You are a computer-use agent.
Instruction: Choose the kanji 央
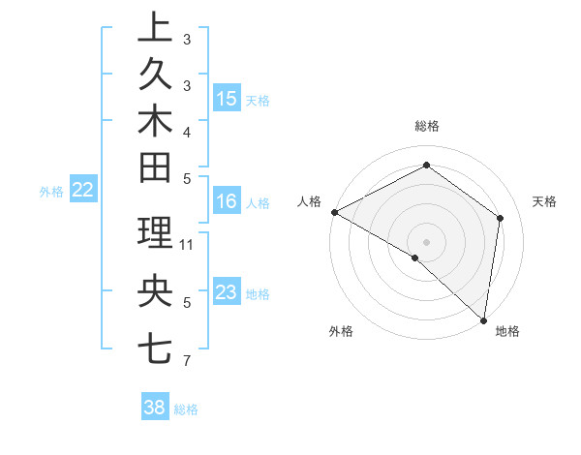pos(155,291)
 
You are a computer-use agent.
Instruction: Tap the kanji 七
pos(155,347)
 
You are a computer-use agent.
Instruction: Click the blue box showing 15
pos(227,99)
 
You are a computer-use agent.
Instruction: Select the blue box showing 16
pos(227,202)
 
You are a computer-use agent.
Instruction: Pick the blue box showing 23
pos(227,292)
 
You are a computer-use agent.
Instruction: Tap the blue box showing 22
pos(82,191)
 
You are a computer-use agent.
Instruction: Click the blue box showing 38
pos(155,408)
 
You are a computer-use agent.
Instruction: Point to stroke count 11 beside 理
pos(188,244)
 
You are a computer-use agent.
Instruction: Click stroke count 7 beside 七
pos(186,362)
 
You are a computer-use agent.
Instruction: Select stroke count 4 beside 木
pos(186,132)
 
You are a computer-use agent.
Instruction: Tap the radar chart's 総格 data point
pos(426,165)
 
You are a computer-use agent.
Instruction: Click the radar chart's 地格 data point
pos(483,319)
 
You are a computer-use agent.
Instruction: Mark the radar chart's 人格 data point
pos(334,212)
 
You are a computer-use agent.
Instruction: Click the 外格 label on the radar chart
pos(341,331)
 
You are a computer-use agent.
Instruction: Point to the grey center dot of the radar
pos(426,241)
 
